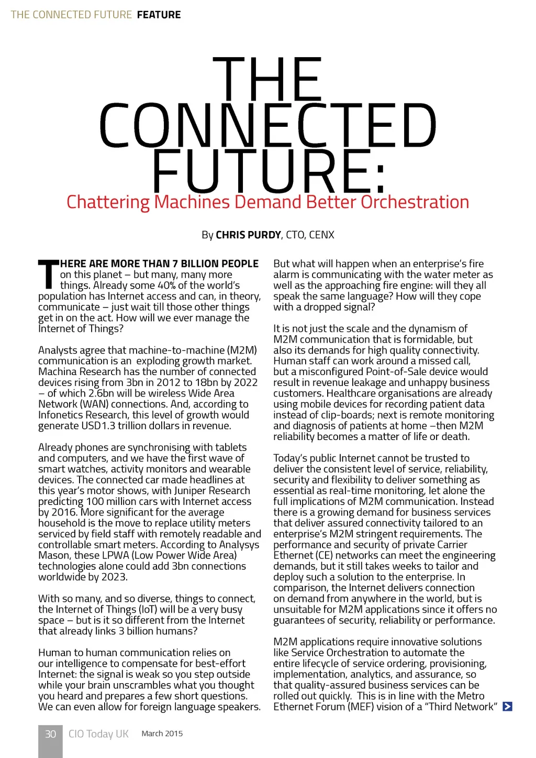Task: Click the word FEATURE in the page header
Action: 159,15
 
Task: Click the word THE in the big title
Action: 267,80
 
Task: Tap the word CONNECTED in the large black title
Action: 267,126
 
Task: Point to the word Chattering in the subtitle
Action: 108,202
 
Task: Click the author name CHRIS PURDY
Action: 248,235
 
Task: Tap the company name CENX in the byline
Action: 321,235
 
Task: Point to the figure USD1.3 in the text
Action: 98,426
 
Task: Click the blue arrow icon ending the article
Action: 507,707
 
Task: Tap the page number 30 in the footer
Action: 50,734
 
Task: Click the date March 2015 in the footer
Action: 162,733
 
